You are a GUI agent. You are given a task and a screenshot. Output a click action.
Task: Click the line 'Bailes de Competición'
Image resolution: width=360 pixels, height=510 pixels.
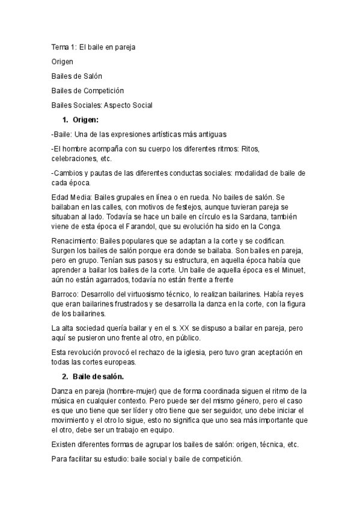(x=88, y=91)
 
